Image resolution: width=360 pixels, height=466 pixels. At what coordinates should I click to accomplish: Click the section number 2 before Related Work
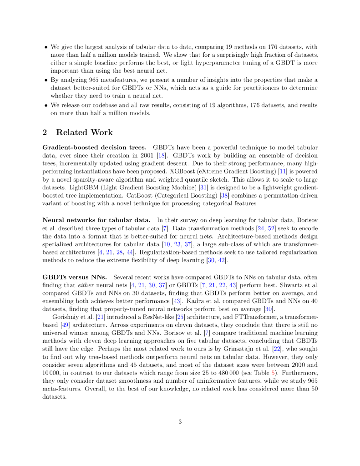pyautogui.click(x=45, y=132)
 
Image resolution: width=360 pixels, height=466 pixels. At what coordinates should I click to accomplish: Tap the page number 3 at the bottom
pyautogui.click(x=180, y=421)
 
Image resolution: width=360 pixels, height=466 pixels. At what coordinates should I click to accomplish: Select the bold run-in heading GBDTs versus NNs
pyautogui.click(x=75, y=277)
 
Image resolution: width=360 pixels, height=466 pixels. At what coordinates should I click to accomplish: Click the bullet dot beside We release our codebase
pyautogui.click(x=46, y=105)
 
